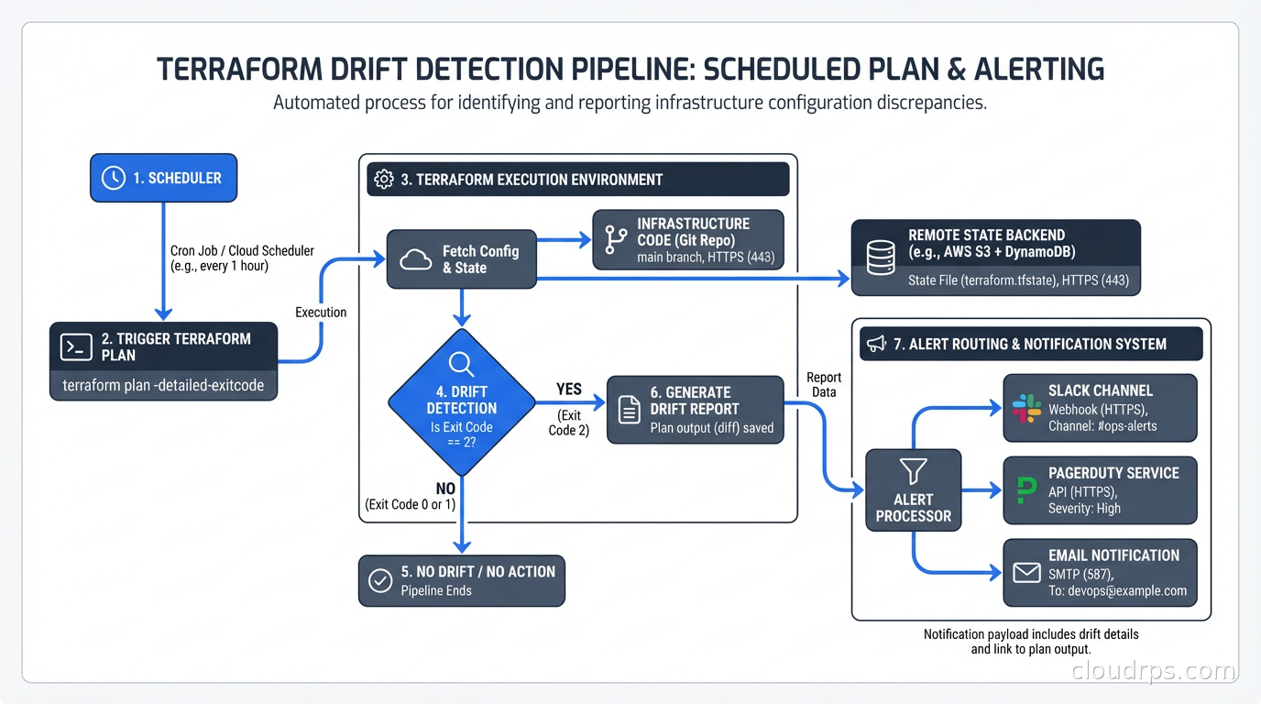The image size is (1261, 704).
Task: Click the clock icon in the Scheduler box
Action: point(114,178)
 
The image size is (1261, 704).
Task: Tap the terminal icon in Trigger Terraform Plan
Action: point(76,347)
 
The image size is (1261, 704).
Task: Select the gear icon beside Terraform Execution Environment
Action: point(385,179)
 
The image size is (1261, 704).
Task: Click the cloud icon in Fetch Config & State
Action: point(416,259)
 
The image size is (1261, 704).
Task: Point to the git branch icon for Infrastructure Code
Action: point(617,240)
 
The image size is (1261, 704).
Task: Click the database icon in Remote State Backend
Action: point(880,257)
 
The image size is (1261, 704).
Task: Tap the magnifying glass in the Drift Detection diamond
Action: point(461,365)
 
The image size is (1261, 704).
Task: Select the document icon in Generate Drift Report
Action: point(630,410)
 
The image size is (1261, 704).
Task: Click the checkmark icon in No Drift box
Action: point(380,580)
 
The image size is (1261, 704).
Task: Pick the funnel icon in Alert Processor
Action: point(913,471)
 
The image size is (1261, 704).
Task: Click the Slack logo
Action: point(1026,408)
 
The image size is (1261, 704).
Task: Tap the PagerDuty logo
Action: point(1026,490)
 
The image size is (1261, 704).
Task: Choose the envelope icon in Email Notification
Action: point(1026,573)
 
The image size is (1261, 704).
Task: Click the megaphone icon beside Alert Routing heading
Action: point(876,344)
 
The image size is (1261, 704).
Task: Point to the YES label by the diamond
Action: point(569,390)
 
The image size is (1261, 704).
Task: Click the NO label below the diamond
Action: point(445,489)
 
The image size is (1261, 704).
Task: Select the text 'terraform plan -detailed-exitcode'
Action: point(163,386)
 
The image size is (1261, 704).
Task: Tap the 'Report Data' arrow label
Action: point(824,385)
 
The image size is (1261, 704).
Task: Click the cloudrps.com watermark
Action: point(1153,671)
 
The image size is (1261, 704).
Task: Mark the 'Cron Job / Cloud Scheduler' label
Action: point(242,250)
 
